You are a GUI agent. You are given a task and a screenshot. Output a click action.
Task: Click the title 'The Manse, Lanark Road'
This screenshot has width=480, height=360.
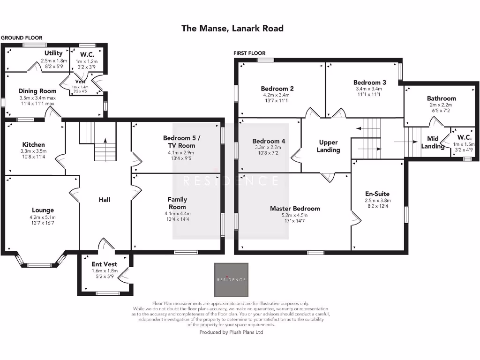pyautogui.click(x=232, y=29)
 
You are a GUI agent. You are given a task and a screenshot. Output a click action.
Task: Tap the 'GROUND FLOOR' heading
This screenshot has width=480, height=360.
pyautogui.click(x=22, y=38)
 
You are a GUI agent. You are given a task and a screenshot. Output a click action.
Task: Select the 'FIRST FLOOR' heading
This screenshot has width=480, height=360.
pyautogui.click(x=249, y=53)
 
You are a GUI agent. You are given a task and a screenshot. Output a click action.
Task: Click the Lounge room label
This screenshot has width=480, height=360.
pyautogui.click(x=43, y=210)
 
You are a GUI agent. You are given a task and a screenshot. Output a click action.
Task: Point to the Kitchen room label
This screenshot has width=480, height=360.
pyautogui.click(x=34, y=145)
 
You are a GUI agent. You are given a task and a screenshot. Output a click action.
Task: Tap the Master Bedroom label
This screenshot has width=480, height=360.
pyautogui.click(x=295, y=209)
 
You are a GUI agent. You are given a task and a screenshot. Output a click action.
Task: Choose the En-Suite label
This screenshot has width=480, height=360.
pyautogui.click(x=377, y=194)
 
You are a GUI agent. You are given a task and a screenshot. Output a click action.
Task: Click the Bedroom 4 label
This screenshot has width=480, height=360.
pyautogui.click(x=269, y=141)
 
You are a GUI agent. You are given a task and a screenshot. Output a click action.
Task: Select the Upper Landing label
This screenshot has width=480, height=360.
pyautogui.click(x=329, y=146)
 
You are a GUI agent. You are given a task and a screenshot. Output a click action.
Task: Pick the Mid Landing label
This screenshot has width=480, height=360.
pyautogui.click(x=432, y=142)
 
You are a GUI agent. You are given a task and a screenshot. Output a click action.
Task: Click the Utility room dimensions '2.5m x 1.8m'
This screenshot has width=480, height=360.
pyautogui.click(x=54, y=60)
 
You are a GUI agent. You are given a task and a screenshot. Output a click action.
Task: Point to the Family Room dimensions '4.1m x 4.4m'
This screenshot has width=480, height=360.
pyautogui.click(x=177, y=214)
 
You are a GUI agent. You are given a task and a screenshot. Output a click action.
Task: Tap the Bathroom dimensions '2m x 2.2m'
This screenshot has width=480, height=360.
pyautogui.click(x=441, y=105)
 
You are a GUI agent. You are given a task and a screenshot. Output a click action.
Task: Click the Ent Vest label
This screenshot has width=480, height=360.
pyautogui.click(x=104, y=264)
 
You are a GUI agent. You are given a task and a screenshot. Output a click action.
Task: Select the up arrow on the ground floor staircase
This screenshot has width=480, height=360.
pyautogui.click(x=105, y=141)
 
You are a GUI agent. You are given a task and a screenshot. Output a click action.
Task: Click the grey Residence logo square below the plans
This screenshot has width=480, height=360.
pyautogui.click(x=231, y=280)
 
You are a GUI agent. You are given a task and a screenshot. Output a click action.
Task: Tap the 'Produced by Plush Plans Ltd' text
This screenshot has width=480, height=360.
pyautogui.click(x=231, y=332)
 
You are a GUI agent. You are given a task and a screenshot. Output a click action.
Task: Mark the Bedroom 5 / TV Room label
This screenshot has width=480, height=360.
pyautogui.click(x=181, y=142)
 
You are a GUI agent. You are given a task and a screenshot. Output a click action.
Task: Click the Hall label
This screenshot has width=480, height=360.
pyautogui.click(x=104, y=200)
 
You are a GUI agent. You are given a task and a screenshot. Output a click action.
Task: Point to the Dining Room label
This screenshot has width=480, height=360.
pyautogui.click(x=37, y=91)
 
